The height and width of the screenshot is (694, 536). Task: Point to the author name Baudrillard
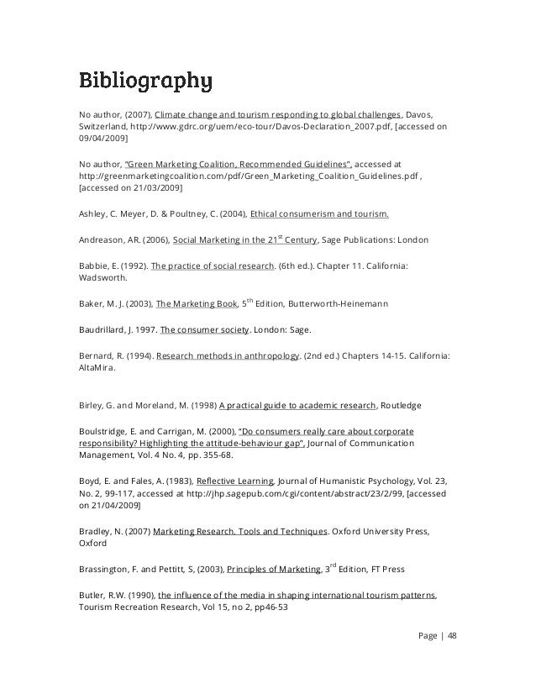[x=103, y=329]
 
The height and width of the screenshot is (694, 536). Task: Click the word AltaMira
[x=99, y=367]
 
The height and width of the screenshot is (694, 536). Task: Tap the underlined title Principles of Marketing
[x=274, y=570]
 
